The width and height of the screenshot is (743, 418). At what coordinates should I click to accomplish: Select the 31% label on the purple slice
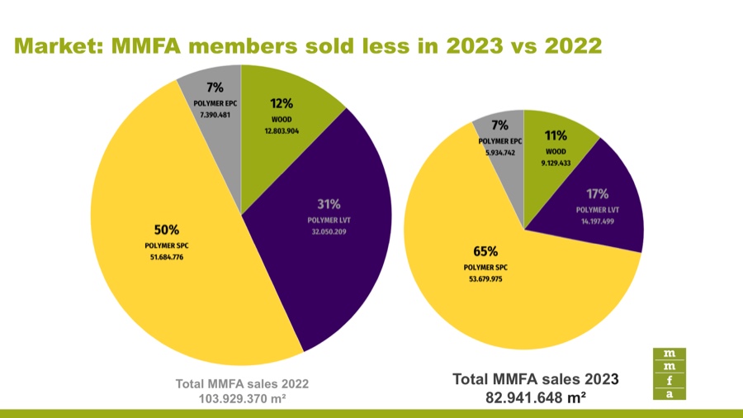329,204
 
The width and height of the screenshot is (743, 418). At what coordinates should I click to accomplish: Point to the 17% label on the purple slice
596,194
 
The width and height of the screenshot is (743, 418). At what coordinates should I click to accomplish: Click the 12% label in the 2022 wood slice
282,103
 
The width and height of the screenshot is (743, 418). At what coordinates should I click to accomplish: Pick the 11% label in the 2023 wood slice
556,134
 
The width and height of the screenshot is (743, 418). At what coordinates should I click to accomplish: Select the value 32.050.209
329,232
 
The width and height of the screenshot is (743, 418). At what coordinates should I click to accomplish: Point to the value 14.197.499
596,221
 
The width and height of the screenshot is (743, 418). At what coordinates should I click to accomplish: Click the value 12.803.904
282,131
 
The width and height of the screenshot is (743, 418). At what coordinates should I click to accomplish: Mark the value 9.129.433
556,164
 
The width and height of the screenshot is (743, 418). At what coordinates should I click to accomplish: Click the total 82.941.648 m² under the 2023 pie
536,397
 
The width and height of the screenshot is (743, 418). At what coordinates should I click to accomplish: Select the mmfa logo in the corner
669,374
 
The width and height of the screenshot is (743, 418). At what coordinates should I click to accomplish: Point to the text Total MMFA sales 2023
536,379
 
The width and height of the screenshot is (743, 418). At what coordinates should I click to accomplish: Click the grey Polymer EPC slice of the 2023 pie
497,132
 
